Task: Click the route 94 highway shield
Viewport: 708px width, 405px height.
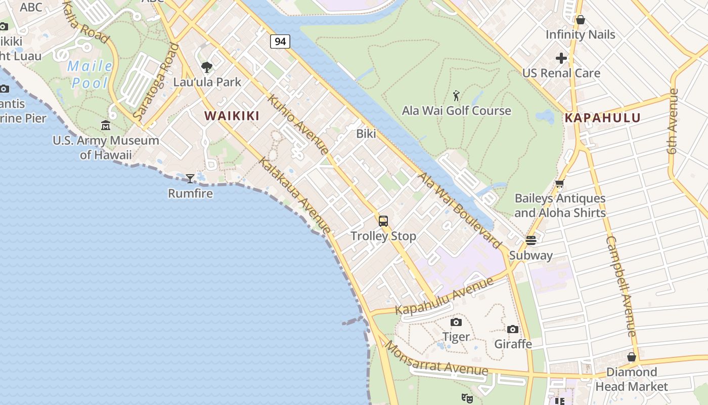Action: (x=280, y=41)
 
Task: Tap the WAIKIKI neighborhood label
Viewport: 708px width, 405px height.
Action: (x=232, y=116)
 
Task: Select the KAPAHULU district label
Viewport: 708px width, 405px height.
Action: (x=602, y=118)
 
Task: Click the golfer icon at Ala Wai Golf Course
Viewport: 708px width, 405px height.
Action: (x=456, y=95)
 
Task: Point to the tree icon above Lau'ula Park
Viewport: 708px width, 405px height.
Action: (x=206, y=67)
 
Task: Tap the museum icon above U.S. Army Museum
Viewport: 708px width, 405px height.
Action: (x=106, y=125)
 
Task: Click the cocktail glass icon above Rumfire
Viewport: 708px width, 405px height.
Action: (x=190, y=178)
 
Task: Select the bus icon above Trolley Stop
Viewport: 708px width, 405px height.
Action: (x=383, y=221)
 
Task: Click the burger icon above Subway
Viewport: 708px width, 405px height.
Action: (x=530, y=240)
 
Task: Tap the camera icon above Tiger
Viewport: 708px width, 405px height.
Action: (x=456, y=322)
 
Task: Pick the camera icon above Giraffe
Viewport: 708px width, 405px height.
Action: (x=513, y=329)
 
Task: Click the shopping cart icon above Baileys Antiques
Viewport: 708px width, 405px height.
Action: (x=559, y=183)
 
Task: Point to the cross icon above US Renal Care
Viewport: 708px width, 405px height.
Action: (x=561, y=58)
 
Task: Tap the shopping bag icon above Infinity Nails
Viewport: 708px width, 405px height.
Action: (x=581, y=20)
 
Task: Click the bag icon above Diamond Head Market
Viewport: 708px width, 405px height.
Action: (x=631, y=357)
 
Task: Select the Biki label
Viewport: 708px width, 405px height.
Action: (x=366, y=134)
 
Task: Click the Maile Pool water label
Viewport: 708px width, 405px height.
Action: (x=90, y=74)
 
